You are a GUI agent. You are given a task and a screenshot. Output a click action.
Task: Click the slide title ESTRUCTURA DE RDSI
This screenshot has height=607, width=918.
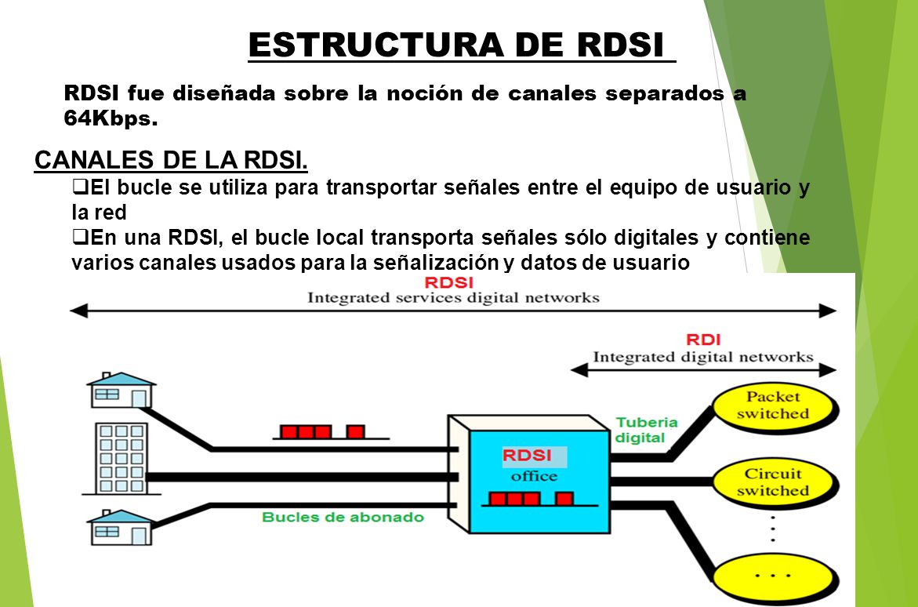click(x=461, y=45)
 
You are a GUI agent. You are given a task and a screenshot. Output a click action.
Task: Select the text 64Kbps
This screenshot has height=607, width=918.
click(x=111, y=121)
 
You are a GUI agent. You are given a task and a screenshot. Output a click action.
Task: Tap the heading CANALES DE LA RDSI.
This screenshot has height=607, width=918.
click(x=171, y=160)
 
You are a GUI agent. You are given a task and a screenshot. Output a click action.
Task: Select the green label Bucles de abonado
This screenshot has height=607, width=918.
click(x=343, y=518)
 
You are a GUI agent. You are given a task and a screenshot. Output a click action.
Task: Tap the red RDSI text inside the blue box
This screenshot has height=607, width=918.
click(x=526, y=456)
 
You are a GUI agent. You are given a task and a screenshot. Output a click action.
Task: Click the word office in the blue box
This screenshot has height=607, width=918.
click(x=534, y=475)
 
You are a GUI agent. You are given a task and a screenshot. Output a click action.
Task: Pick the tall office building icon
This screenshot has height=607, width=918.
click(x=122, y=459)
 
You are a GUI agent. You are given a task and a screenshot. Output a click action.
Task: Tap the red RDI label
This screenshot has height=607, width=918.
click(x=703, y=340)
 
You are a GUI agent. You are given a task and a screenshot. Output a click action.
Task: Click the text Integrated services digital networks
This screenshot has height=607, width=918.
click(x=453, y=298)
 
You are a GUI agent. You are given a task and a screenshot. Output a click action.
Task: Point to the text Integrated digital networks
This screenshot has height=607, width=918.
click(x=702, y=358)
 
